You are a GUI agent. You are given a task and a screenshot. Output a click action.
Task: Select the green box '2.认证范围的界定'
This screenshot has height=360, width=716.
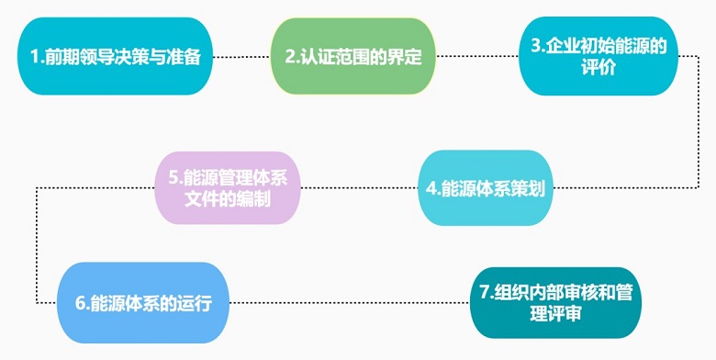coord(352,56)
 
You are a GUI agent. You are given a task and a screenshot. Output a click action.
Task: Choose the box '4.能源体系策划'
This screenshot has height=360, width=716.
coord(486,188)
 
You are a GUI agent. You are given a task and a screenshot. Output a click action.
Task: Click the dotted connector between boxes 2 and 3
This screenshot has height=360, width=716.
coord(475,57)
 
